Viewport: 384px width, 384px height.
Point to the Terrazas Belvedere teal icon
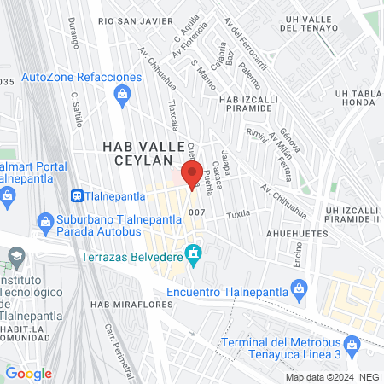click(194, 253)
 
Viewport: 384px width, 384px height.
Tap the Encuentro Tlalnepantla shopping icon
click(299, 293)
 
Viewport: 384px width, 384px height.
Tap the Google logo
click(29, 374)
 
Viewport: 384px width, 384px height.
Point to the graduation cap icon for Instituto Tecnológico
click(15, 256)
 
